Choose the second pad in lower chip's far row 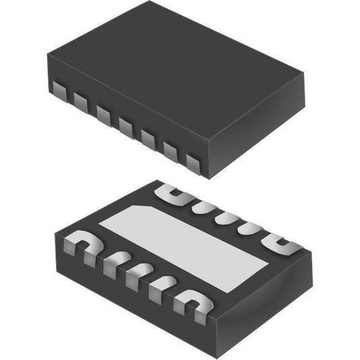(x=200, y=205)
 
